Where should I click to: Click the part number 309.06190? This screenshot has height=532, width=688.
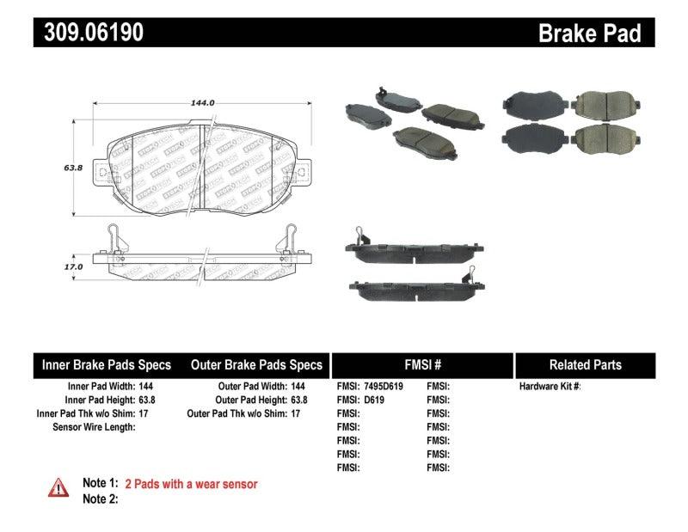click(89, 33)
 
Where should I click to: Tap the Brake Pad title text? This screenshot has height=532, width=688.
click(589, 33)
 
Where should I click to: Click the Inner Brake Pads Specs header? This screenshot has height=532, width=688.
click(107, 364)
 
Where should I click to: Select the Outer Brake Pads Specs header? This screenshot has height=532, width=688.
click(256, 364)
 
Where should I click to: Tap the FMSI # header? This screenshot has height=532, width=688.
click(421, 364)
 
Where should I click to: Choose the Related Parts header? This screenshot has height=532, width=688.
click(585, 364)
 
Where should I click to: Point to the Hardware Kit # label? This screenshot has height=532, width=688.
click(550, 387)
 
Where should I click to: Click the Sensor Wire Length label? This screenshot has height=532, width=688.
click(95, 426)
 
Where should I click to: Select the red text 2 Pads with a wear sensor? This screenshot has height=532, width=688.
click(191, 484)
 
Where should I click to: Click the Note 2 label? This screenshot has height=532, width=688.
click(100, 498)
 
